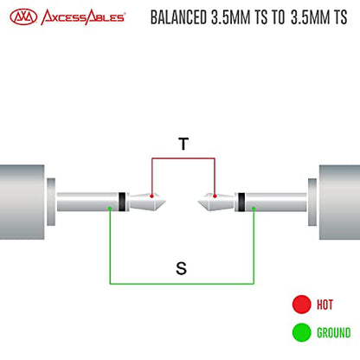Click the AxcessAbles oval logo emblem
click(x=23, y=17)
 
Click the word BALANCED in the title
click(x=178, y=17)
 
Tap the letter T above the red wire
click(x=183, y=144)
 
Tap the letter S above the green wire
click(x=181, y=268)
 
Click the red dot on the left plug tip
click(x=151, y=196)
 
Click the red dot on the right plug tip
click(x=215, y=196)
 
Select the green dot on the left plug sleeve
click(x=110, y=208)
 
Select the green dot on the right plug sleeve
click(x=254, y=208)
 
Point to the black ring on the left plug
click(x=122, y=202)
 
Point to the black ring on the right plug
click(x=241, y=202)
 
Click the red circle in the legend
click(x=302, y=305)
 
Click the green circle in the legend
click(x=302, y=332)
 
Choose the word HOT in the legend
click(x=325, y=305)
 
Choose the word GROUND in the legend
click(x=334, y=332)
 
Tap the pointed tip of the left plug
click(x=165, y=202)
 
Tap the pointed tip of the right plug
click(x=197, y=202)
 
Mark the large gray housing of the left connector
click(x=22, y=202)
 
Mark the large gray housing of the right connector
click(x=339, y=202)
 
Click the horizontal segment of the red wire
click(x=183, y=158)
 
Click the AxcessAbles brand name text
click(x=83, y=17)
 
